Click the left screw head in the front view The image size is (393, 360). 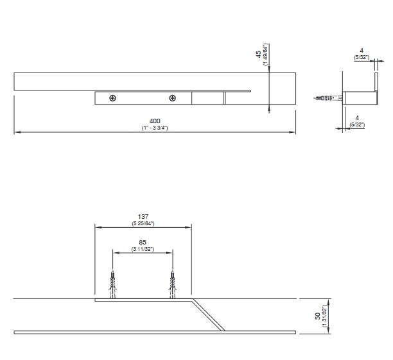pos(113,98)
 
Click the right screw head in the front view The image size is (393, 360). pos(173,98)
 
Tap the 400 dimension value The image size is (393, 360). pos(155,121)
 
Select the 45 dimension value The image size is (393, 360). pos(258,54)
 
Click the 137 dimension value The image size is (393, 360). pos(143,217)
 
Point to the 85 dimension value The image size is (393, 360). pos(143,243)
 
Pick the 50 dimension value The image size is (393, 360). pos(318,316)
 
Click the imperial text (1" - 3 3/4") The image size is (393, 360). pos(155,128)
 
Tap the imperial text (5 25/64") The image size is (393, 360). pos(143,223)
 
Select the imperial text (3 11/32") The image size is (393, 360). pos(143,249)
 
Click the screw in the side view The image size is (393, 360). pos(328,98)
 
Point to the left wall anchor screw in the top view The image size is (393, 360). pos(113,284)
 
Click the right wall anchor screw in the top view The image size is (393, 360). pos(173,284)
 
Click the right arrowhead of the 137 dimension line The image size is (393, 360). pos(188,227)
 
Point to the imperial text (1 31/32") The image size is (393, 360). pos(325,316)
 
